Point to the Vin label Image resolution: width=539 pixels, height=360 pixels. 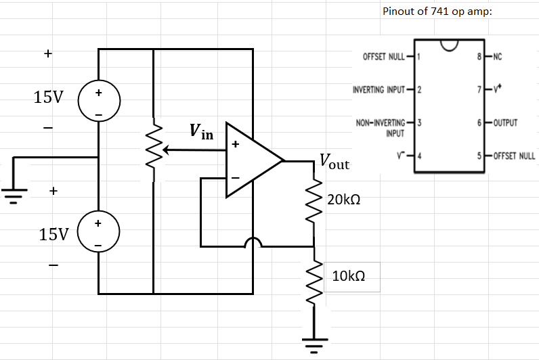pos(201,132)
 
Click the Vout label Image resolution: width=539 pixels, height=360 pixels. pos(334,162)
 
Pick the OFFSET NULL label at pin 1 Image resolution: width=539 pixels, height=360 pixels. pos(384,56)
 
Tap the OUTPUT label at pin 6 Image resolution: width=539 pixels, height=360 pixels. pos(505,123)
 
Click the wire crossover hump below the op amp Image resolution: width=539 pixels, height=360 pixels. pos(253,242)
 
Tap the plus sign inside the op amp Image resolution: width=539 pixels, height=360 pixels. pos(236,143)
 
